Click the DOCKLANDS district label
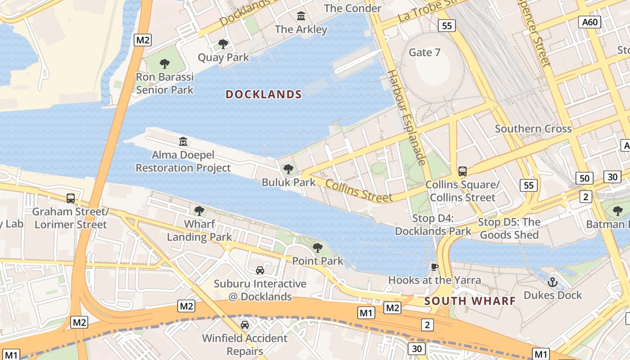(x=263, y=94)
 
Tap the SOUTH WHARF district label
(x=470, y=301)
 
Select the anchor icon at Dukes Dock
(x=553, y=283)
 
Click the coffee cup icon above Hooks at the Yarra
(x=435, y=267)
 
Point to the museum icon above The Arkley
(x=301, y=17)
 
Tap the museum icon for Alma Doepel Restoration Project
(x=183, y=142)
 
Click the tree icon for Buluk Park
(x=288, y=170)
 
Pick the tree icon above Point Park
(x=318, y=247)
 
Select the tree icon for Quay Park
(x=223, y=44)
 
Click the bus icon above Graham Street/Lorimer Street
(x=71, y=198)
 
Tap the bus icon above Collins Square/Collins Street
(x=462, y=171)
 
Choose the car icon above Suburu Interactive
(x=260, y=270)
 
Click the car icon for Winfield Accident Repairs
(x=245, y=325)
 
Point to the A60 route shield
(x=590, y=22)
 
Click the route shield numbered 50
(x=584, y=178)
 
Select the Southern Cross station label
(x=533, y=129)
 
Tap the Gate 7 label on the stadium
(x=424, y=53)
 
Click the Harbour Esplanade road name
(x=407, y=117)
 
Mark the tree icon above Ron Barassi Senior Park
(x=165, y=64)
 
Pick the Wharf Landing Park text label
(x=199, y=230)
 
